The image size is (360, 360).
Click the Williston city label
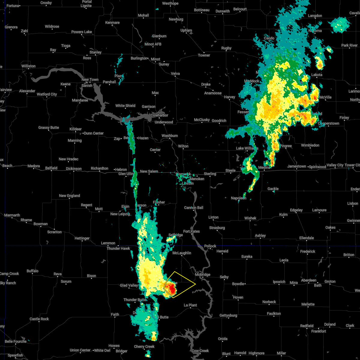(x=28, y=66)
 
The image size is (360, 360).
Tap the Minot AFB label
(x=153, y=44)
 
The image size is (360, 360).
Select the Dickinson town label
(x=74, y=169)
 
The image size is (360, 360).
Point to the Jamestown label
(x=297, y=166)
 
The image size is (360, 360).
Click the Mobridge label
(x=203, y=274)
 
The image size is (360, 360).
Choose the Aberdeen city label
(x=309, y=280)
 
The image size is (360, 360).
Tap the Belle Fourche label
(x=16, y=341)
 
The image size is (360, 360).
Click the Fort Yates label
(x=191, y=231)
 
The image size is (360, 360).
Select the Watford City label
(x=47, y=94)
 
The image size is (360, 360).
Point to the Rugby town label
(x=226, y=48)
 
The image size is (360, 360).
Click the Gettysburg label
(x=228, y=315)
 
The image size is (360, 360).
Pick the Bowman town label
(x=40, y=224)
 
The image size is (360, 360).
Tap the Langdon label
(x=315, y=16)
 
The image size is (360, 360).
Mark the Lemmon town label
(x=108, y=243)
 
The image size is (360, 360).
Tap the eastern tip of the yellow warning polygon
(x=196, y=284)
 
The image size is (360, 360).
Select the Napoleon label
(x=238, y=198)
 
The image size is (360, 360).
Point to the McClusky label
(x=202, y=120)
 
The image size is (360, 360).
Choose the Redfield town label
(x=307, y=326)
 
